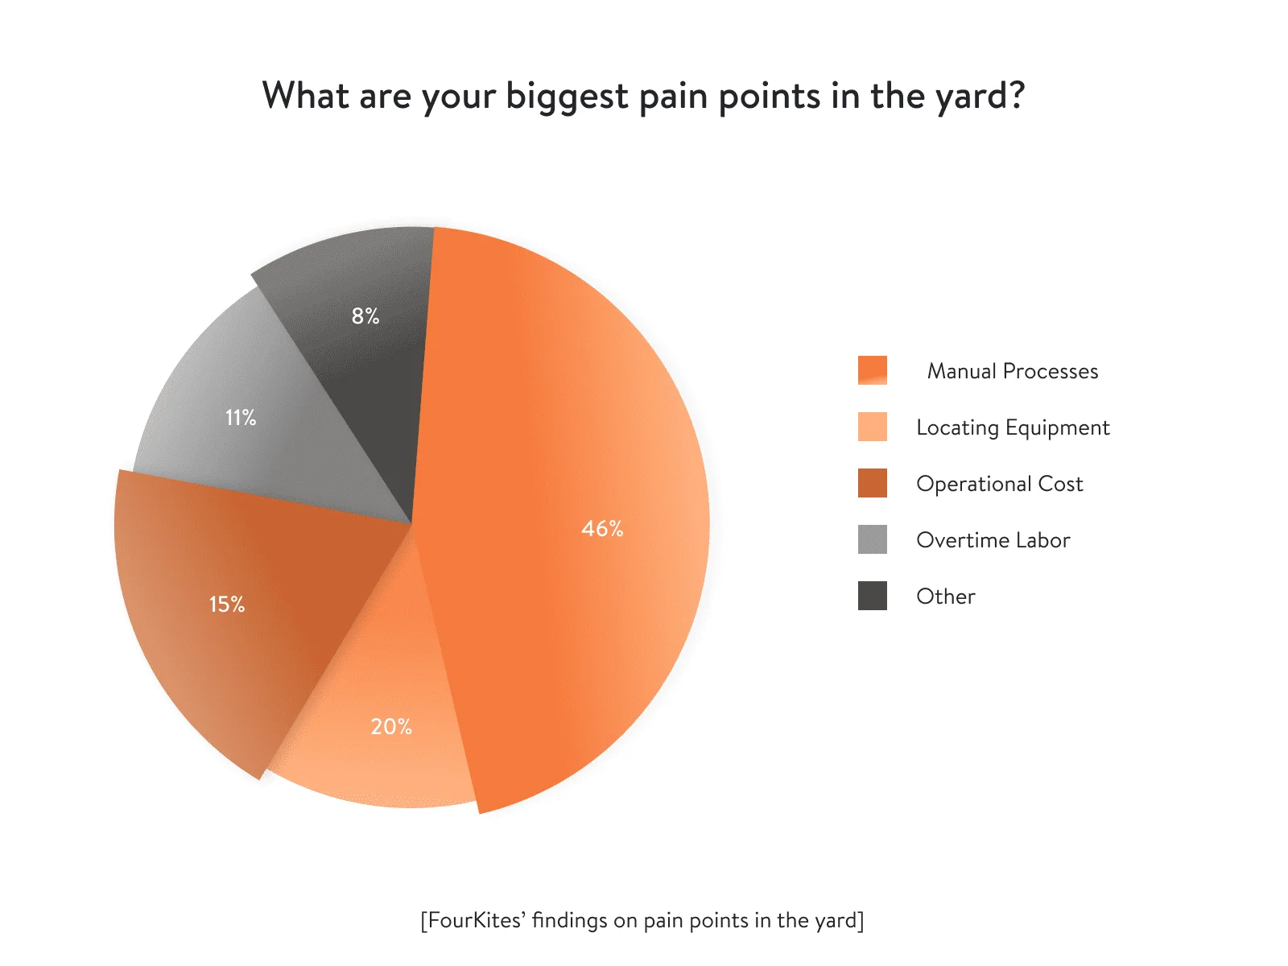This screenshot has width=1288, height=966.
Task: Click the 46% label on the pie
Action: click(602, 528)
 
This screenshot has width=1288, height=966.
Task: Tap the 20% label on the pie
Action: click(391, 727)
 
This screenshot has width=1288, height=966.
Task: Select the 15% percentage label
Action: click(227, 604)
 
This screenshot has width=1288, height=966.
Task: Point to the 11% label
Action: click(241, 418)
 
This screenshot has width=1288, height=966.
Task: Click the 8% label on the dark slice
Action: click(365, 316)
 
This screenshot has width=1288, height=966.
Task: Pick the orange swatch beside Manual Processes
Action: click(872, 370)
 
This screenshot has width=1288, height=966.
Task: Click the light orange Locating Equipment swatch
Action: click(872, 427)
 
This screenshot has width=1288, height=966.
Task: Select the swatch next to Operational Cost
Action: click(872, 483)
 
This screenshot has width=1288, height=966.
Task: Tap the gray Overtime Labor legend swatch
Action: click(872, 539)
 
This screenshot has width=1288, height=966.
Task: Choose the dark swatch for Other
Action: click(872, 596)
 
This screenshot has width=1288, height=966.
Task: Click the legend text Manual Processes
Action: click(1012, 370)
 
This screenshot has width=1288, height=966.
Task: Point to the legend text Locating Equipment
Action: click(1013, 428)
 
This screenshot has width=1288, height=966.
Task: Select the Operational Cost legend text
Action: click(999, 484)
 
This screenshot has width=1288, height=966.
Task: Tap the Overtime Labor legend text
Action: click(993, 540)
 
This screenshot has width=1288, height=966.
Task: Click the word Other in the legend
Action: click(946, 597)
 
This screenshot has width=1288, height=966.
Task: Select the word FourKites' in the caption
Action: click(474, 920)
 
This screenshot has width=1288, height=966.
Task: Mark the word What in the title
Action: click(306, 96)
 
